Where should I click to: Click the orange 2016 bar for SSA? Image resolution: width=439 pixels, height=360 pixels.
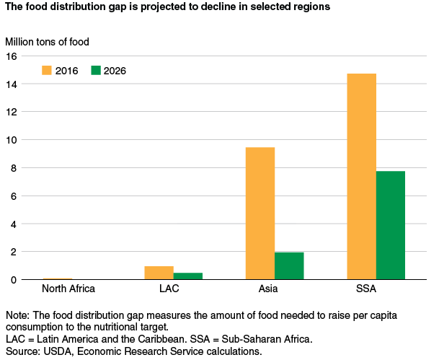[361, 176]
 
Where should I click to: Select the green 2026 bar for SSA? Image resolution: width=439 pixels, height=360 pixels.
[391, 225]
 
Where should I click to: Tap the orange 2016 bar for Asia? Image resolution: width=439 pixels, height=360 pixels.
[260, 213]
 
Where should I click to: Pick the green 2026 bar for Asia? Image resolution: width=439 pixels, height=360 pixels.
[289, 265]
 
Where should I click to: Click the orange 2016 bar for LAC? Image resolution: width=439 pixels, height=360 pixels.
[159, 273]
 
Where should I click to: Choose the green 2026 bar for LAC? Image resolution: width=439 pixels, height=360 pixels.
[188, 276]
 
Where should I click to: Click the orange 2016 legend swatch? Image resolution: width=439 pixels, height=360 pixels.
[48, 71]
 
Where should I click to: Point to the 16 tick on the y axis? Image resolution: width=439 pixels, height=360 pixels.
[12, 56]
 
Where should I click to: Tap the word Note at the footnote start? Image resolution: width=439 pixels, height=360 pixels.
[15, 316]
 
